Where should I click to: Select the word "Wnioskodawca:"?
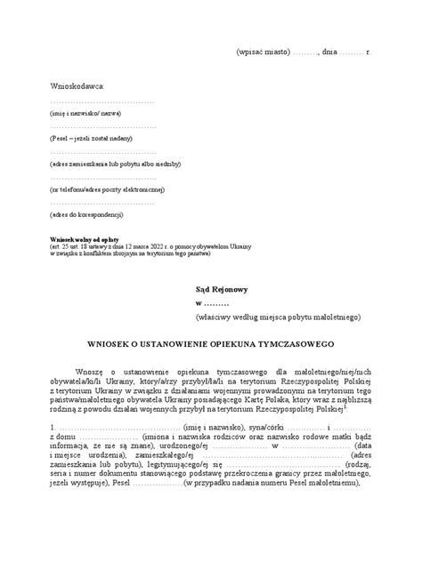pos(77,85)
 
